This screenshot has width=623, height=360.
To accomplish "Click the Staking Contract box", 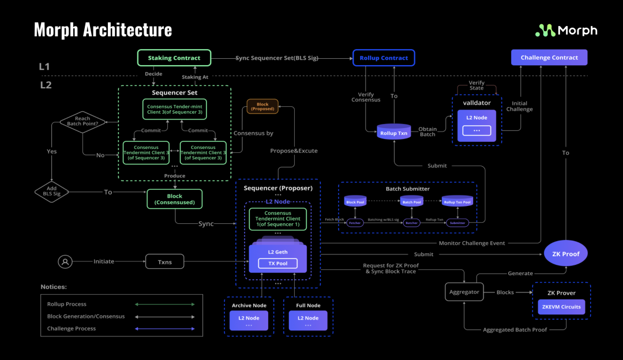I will [x=174, y=58].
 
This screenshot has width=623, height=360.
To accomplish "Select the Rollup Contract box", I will [x=384, y=58].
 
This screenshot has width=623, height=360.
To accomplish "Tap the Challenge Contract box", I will [x=549, y=58].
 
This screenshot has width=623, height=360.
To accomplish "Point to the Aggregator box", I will [x=464, y=292].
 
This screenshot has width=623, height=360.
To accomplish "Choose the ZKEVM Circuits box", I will [x=561, y=307].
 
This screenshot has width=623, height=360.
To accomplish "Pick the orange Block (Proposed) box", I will [x=262, y=106].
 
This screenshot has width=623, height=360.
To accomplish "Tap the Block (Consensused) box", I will [x=174, y=199].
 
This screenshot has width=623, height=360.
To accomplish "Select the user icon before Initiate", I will [x=65, y=261].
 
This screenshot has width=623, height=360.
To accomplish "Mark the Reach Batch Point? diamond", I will [x=82, y=122].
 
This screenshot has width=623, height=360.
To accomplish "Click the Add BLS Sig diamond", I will [x=52, y=192].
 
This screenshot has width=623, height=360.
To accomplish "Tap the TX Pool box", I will [x=277, y=264].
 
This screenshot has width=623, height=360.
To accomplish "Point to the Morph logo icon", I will [x=545, y=31].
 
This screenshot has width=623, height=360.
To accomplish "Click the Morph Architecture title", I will [x=103, y=29].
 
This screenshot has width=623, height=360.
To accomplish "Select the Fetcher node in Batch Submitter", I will [x=355, y=223].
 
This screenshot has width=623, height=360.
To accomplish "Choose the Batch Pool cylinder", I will [x=411, y=201].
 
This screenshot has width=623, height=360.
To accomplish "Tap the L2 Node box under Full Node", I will [x=307, y=320].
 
